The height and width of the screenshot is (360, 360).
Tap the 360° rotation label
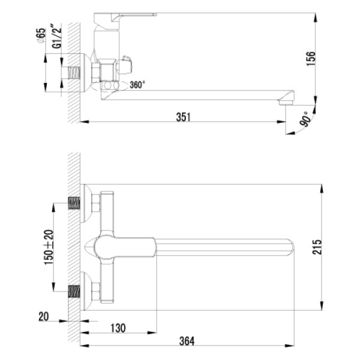(x=137, y=85)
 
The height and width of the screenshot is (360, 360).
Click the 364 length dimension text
(x=188, y=341)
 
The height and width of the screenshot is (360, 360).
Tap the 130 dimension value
(x=118, y=328)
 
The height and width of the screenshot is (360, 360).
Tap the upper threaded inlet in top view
(x=73, y=203)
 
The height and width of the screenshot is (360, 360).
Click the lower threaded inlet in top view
(x=73, y=292)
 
